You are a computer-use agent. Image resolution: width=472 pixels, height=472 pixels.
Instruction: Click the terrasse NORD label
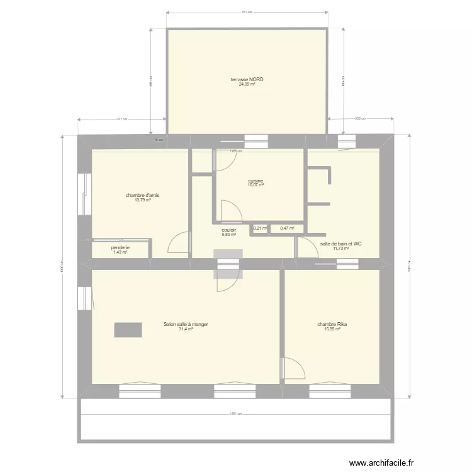(247, 80)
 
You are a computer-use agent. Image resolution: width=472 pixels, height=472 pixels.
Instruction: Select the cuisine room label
(256, 181)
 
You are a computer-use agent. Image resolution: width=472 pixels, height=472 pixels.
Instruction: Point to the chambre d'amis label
(142, 196)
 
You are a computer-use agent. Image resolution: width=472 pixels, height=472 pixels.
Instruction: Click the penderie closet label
(120, 248)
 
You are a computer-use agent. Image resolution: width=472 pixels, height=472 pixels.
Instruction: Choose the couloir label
(228, 230)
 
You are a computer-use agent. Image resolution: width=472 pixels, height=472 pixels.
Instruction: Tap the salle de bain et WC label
(340, 244)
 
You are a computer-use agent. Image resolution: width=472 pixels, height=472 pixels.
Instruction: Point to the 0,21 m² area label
(260, 228)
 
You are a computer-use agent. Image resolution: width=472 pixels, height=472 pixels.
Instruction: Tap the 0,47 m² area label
(287, 228)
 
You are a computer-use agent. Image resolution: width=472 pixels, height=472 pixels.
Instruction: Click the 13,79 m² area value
(142, 200)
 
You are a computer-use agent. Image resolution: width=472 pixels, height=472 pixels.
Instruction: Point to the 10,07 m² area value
(256, 186)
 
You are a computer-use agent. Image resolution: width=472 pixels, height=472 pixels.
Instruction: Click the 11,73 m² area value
(340, 248)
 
